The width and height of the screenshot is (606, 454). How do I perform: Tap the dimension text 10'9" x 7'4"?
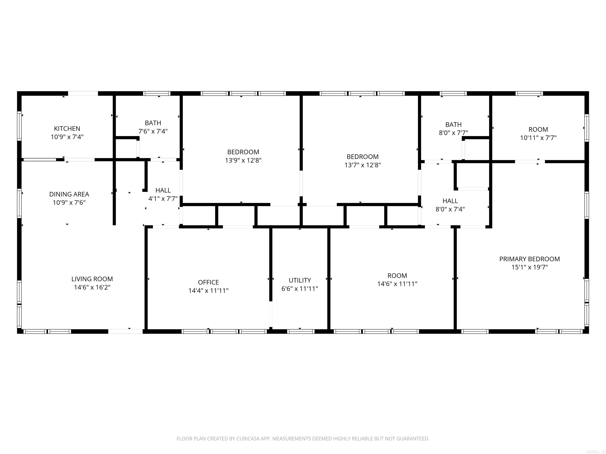click(67, 137)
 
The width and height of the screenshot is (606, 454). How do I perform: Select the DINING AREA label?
click(69, 194)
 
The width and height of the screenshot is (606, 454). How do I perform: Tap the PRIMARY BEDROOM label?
click(529, 259)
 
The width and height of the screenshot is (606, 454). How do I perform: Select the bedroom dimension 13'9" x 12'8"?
click(243, 160)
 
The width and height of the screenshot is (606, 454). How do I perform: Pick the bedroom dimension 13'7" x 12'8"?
click(362, 165)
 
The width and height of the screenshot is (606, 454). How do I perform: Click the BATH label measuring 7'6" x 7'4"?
click(153, 123)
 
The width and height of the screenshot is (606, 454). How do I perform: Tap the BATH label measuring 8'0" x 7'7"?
click(453, 125)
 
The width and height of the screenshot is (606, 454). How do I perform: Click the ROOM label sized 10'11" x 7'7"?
click(538, 129)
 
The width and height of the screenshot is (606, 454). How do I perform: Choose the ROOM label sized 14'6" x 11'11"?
click(397, 276)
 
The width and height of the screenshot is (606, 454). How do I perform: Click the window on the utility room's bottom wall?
click(301, 331)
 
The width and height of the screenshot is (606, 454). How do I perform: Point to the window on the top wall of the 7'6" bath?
click(157, 93)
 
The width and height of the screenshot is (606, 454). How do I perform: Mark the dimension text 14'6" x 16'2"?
click(92, 287)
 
